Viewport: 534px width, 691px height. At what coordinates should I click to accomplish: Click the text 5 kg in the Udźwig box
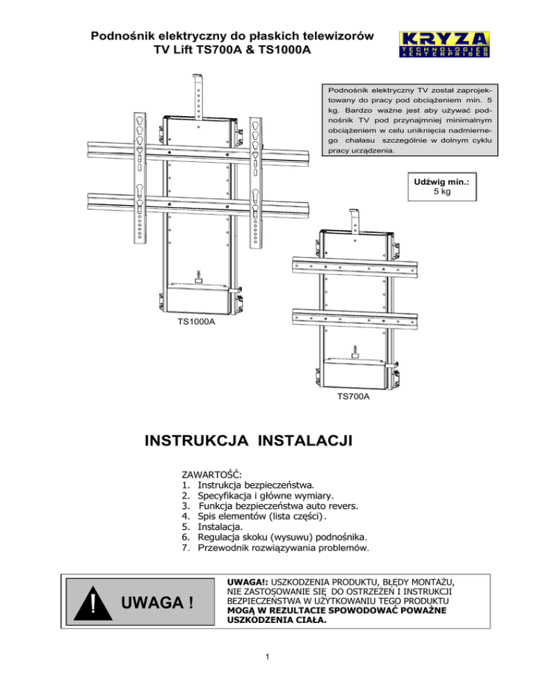pyautogui.click(x=441, y=192)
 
